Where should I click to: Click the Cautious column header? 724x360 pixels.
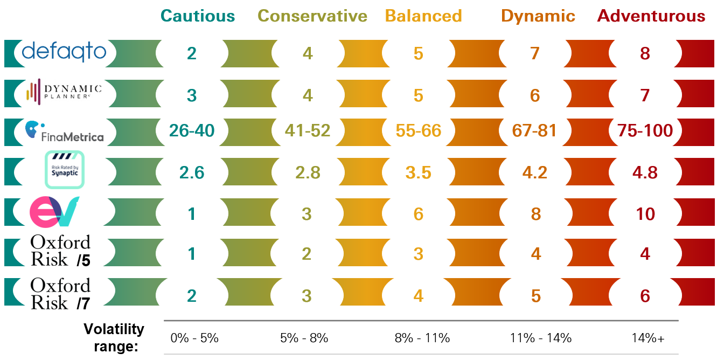click(x=198, y=16)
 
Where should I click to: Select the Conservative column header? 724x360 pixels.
click(x=312, y=16)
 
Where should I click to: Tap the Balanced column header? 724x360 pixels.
click(x=424, y=16)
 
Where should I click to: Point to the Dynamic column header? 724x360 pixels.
click(x=538, y=16)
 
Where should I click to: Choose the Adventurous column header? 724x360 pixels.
click(x=651, y=16)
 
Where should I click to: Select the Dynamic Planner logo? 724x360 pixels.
click(x=64, y=92)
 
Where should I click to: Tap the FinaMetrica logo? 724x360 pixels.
click(x=64, y=132)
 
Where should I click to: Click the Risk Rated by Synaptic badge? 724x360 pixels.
click(x=64, y=169)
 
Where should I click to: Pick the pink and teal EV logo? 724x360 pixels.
click(x=54, y=211)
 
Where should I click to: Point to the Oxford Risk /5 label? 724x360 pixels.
click(x=60, y=251)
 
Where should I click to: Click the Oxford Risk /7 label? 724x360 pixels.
click(x=60, y=294)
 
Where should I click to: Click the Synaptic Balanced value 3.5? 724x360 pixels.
click(x=418, y=172)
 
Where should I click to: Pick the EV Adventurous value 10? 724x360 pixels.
click(x=645, y=214)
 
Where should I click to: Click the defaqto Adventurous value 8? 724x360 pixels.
click(x=645, y=53)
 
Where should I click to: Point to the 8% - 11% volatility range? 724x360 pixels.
click(x=422, y=338)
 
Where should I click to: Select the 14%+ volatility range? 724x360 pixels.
click(x=648, y=338)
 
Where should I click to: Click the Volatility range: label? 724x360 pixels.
click(x=114, y=337)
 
